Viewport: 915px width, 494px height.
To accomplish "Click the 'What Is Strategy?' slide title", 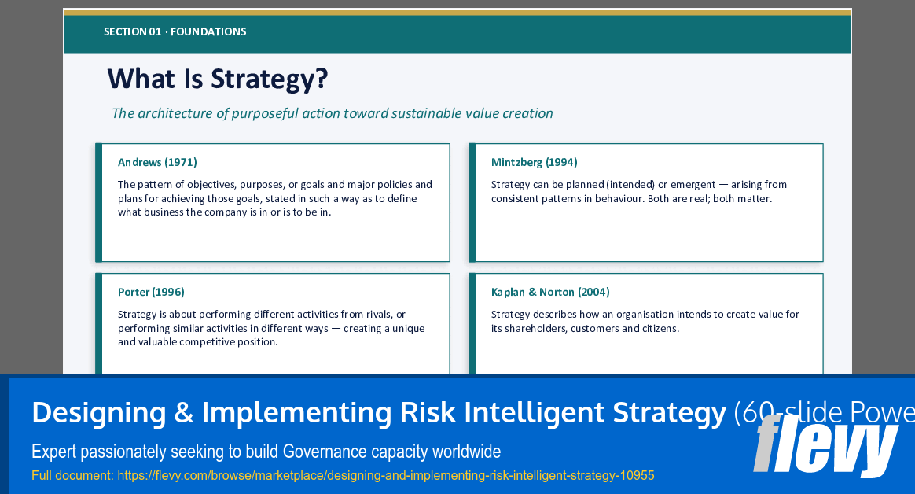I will click(218, 79).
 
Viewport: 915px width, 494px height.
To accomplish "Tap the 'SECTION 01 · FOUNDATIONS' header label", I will click(175, 32).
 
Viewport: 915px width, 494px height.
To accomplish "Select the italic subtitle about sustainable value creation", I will click(332, 113).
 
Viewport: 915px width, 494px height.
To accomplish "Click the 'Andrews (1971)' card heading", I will click(157, 162).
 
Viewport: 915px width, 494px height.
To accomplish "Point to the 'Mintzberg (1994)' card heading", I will click(534, 162).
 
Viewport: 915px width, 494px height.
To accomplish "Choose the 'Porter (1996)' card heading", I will click(151, 292).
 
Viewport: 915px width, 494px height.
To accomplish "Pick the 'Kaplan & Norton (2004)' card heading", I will click(550, 292).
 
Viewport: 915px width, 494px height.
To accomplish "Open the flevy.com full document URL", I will click(385, 475).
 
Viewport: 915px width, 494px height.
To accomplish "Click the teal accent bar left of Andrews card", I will click(99, 202).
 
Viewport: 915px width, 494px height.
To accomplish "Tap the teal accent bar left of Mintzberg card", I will click(472, 202).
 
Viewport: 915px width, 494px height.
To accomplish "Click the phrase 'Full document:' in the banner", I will click(72, 475).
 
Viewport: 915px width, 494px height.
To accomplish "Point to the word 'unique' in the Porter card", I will click(408, 328).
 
